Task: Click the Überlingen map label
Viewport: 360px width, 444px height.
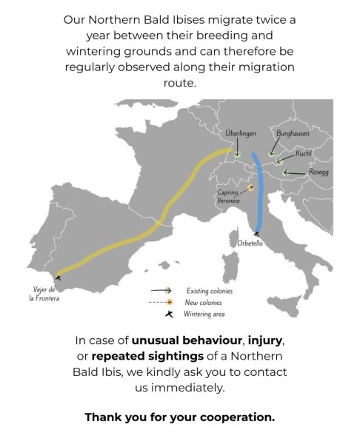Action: [241, 133]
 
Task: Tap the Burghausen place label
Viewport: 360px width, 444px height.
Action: [293, 133]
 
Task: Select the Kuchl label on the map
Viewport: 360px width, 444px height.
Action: [303, 153]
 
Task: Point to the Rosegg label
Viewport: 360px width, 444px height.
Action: [319, 172]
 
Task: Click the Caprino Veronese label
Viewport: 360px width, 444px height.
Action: [228, 196]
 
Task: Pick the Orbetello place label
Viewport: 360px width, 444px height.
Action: [250, 243]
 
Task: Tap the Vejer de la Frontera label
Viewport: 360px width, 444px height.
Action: [44, 294]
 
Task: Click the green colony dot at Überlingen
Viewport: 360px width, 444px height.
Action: [238, 155]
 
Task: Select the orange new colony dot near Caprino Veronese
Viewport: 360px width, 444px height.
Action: [250, 187]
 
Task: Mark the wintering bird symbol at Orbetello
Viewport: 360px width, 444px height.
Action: [256, 234]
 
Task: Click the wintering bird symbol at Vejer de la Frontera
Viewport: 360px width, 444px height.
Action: [58, 277]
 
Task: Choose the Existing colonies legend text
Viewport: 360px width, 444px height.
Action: [210, 291]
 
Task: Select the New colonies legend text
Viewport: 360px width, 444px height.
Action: [203, 303]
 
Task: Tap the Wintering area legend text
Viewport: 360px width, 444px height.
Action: [204, 314]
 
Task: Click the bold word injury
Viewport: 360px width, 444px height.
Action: [264, 340]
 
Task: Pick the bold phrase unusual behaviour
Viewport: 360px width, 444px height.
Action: [187, 340]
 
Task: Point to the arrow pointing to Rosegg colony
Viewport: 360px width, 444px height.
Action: [295, 172]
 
